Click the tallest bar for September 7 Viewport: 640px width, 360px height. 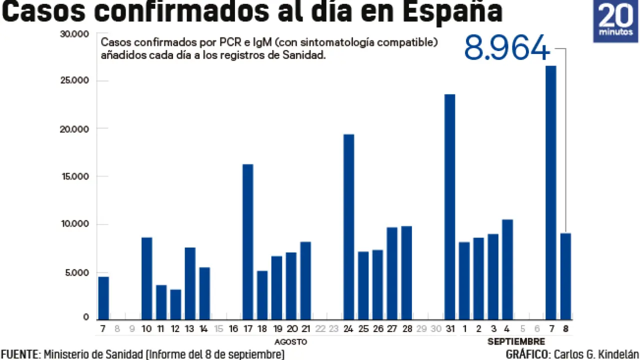[x=551, y=192]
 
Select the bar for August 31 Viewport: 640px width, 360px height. [x=450, y=206]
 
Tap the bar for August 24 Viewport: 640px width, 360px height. [x=349, y=226]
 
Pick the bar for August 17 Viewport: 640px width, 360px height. [x=248, y=241]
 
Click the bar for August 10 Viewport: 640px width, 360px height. [x=147, y=278]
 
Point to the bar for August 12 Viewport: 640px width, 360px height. [x=175, y=304]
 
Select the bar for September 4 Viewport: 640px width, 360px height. [x=507, y=269]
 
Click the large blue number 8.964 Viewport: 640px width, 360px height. [x=507, y=49]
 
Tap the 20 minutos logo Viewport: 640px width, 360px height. [x=615, y=21]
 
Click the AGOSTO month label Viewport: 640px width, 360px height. [x=290, y=342]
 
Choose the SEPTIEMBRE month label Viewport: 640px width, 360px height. [x=516, y=342]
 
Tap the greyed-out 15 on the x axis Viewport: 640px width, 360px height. [x=218, y=328]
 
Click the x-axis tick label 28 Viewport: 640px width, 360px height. [x=406, y=328]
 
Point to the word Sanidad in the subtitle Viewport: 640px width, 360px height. [x=306, y=55]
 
